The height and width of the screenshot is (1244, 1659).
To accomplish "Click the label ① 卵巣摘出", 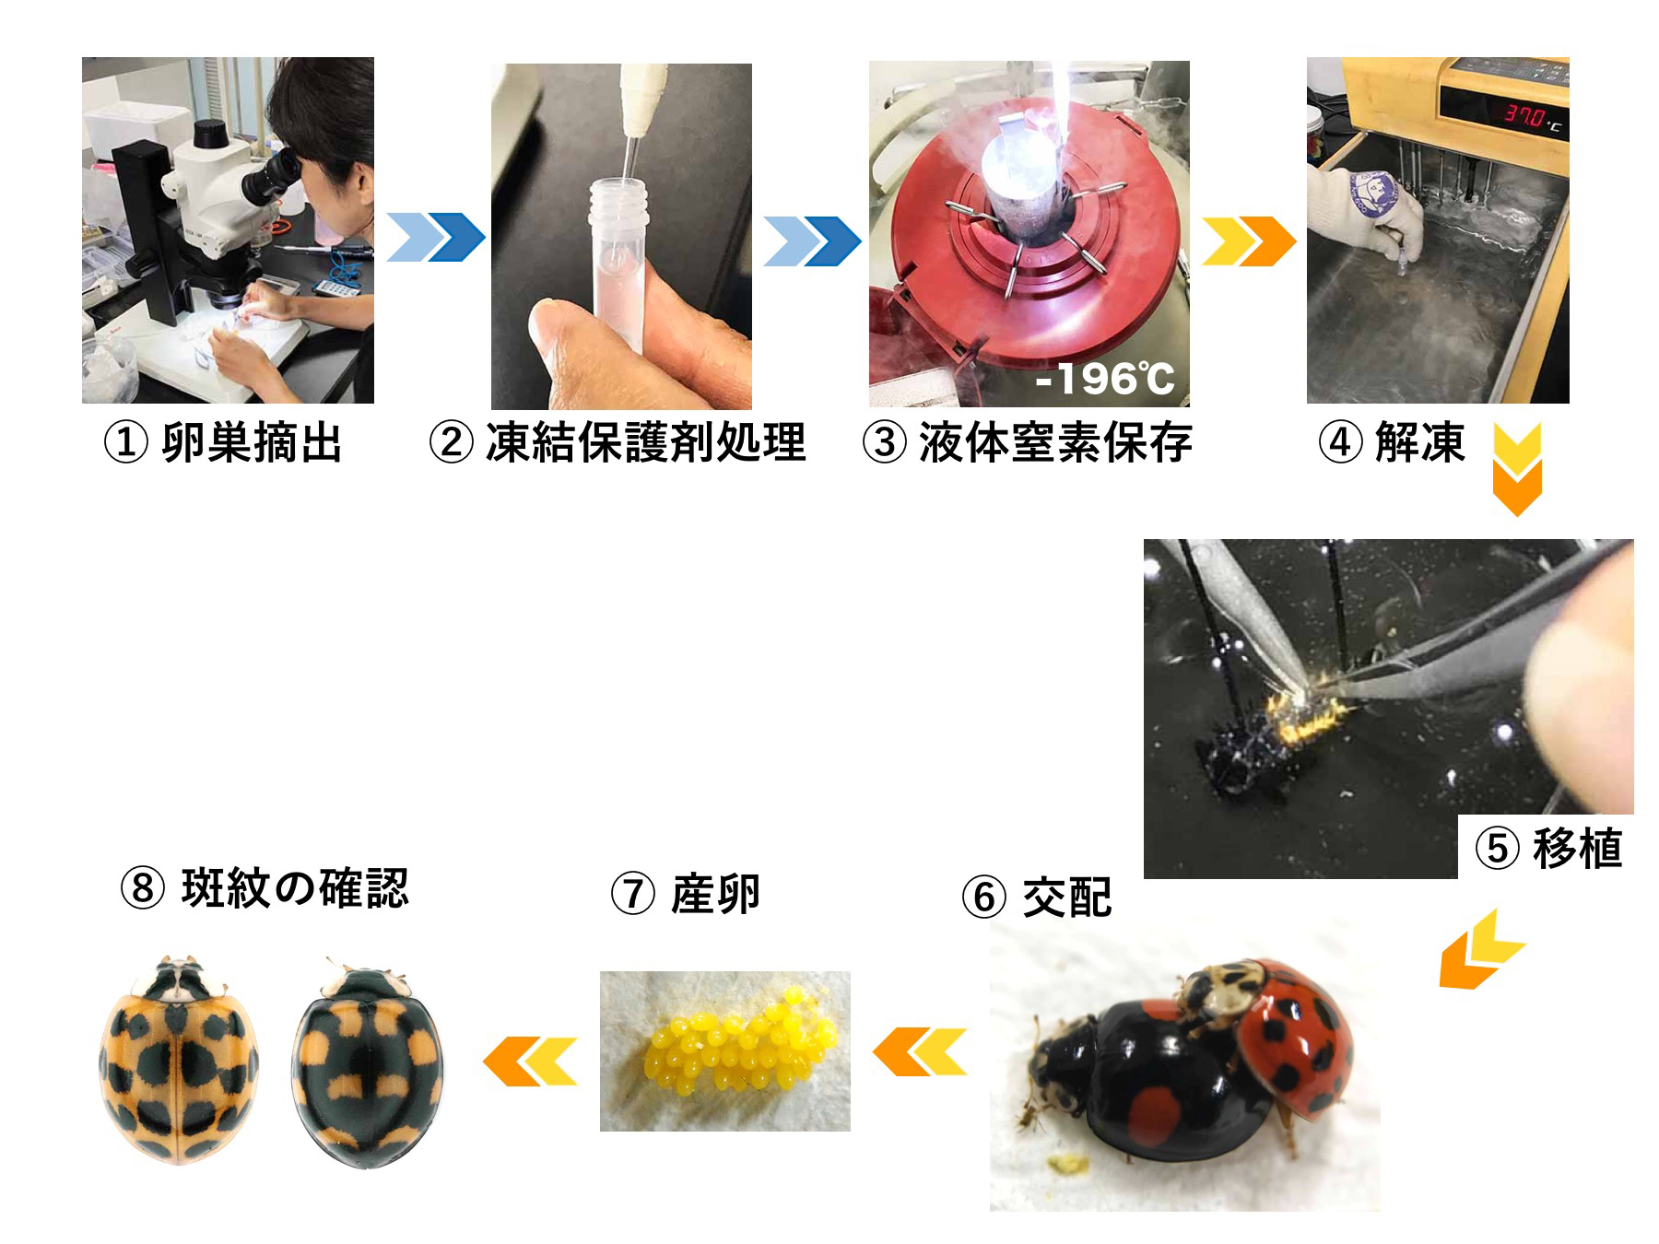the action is tap(222, 443).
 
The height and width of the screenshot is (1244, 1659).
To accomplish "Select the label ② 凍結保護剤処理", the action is tap(618, 443).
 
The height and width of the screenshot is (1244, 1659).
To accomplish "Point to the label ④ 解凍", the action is tap(1392, 443).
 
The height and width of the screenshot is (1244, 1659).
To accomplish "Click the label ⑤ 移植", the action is tap(1548, 848).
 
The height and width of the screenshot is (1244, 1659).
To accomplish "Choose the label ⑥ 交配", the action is tap(1037, 896).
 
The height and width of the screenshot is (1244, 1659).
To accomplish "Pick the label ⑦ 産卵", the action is tap(685, 894).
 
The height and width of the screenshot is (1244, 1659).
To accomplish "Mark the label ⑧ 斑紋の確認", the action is tap(265, 888).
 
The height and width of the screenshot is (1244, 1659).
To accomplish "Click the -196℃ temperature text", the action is tap(1105, 379).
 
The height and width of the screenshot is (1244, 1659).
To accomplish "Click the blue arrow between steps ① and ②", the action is tap(435, 237).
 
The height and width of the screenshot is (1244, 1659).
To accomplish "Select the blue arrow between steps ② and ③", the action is tap(812, 241).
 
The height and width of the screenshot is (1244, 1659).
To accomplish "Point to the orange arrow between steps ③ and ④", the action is tap(1249, 241).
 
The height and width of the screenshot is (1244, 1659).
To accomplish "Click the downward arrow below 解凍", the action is tap(1516, 470).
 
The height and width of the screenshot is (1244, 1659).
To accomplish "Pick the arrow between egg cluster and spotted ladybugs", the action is tap(530, 1061).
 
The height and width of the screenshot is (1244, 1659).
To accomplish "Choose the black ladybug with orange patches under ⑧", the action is tap(368, 1062).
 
